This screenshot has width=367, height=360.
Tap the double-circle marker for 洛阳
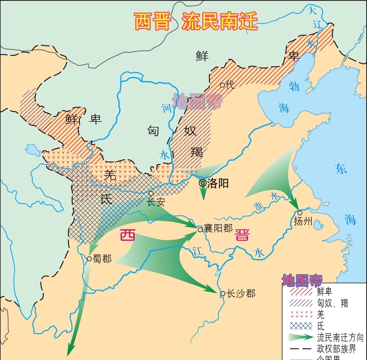click(x=202, y=183)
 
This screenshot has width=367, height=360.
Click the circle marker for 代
click(x=222, y=85)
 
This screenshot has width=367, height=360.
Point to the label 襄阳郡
click(x=218, y=228)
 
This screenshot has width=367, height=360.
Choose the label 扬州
click(x=303, y=221)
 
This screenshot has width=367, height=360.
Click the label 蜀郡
click(x=102, y=259)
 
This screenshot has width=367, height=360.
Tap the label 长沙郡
click(x=241, y=294)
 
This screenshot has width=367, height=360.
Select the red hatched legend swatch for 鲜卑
click(x=301, y=291)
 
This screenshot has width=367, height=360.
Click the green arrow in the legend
click(x=301, y=337)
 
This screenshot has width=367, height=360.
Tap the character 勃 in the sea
click(x=294, y=86)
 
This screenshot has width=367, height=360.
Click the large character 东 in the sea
click(x=341, y=169)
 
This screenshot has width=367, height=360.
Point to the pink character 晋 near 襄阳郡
click(x=242, y=234)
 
